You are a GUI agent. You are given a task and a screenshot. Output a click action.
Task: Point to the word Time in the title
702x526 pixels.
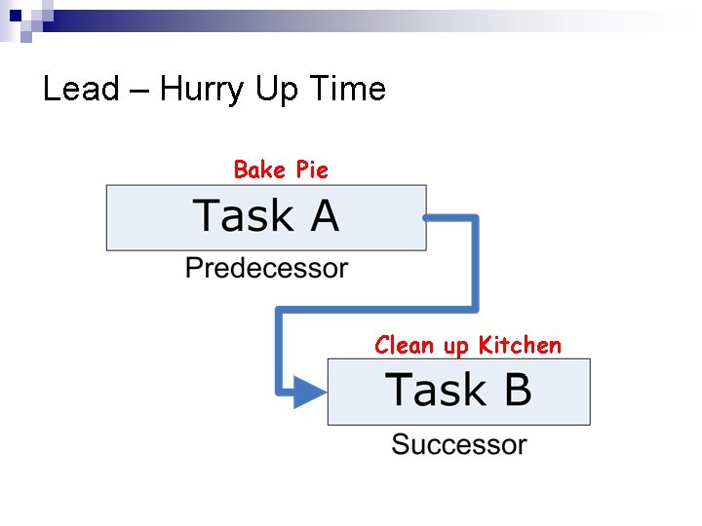[348, 90]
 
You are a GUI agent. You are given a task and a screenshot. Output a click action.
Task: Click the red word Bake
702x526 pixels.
[259, 170]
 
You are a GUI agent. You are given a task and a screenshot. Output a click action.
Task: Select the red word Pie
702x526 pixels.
[312, 170]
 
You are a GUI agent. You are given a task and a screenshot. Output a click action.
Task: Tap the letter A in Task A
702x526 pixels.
[325, 215]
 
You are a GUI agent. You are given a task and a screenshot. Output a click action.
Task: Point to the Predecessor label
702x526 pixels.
[266, 268]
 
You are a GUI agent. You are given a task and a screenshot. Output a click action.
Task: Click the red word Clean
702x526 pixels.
[406, 346]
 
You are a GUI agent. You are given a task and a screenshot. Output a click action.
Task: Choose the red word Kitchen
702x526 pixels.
[520, 346]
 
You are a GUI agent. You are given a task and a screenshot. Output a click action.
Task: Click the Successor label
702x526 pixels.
[458, 445]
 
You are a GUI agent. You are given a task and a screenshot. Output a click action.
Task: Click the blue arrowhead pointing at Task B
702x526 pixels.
[311, 393]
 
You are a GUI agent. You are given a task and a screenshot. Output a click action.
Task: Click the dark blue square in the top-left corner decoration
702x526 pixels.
[15, 13]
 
